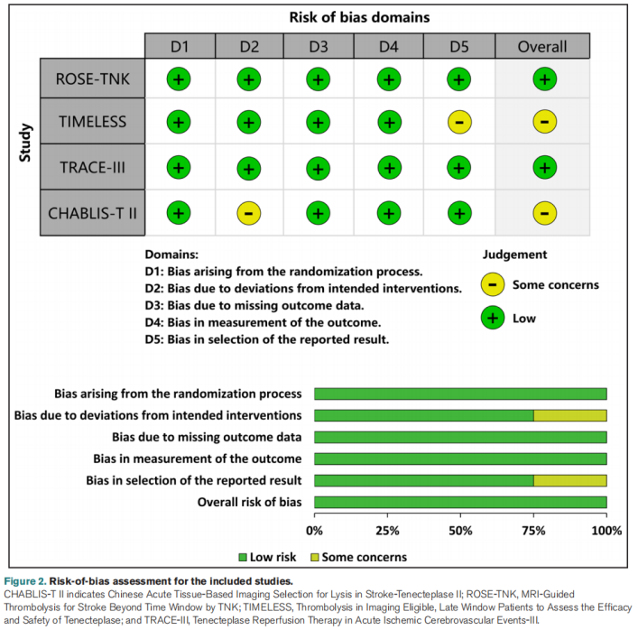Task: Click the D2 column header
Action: [x=248, y=46]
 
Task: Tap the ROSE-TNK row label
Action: [x=91, y=79]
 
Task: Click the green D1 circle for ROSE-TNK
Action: [x=179, y=79]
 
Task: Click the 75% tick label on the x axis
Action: [x=533, y=530]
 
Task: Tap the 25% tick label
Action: [x=387, y=530]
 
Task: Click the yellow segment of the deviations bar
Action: [x=569, y=415]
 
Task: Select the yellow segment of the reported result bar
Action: [x=569, y=480]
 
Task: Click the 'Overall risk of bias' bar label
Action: [x=249, y=502]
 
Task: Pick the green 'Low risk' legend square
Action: [x=243, y=557]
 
